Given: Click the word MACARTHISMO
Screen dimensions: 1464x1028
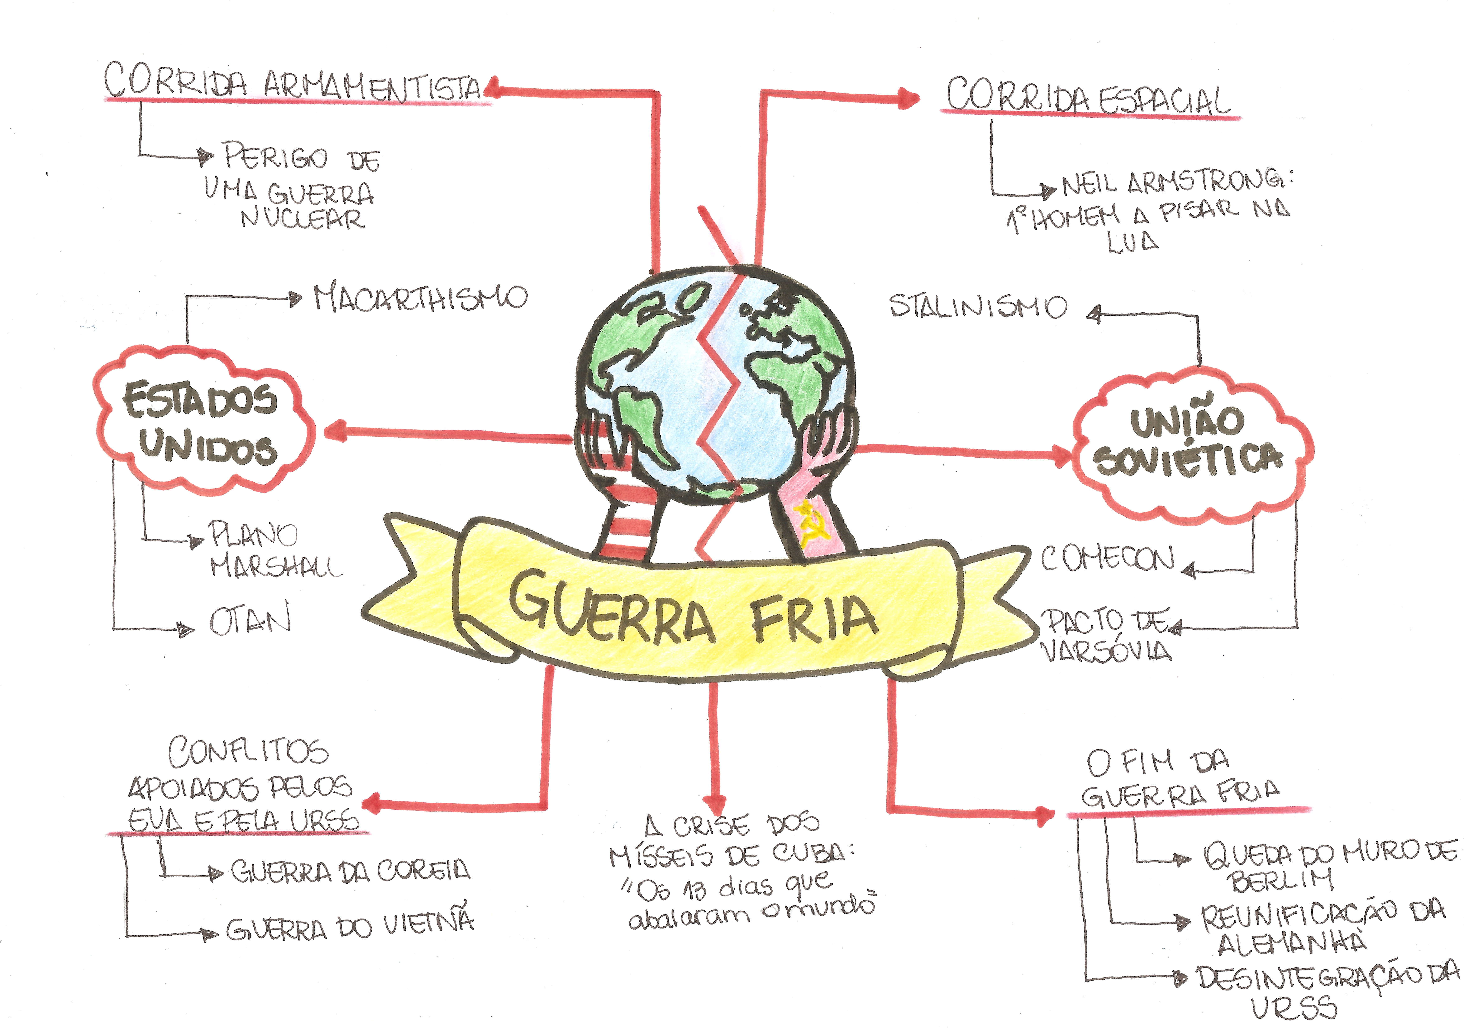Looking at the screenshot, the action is click(421, 298).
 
